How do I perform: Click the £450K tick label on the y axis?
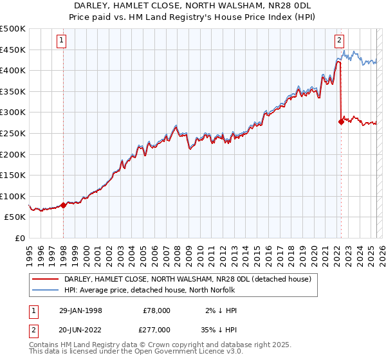(x=13, y=50)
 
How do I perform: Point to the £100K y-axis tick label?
(x=13, y=196)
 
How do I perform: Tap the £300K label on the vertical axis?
(x=13, y=113)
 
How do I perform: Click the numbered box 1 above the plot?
(x=62, y=40)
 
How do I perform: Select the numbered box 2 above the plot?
(x=339, y=40)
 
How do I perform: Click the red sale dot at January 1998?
(x=64, y=206)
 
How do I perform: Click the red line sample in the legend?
(x=46, y=279)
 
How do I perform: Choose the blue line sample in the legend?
(x=46, y=289)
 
